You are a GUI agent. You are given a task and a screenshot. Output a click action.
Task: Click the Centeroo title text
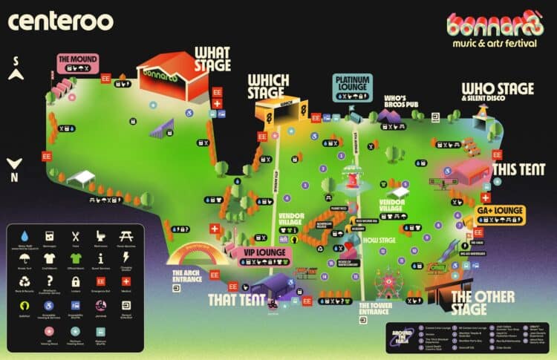(61, 20)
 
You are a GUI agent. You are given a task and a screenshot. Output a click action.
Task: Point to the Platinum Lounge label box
(351, 82)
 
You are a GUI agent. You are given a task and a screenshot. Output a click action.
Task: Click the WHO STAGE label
(498, 90)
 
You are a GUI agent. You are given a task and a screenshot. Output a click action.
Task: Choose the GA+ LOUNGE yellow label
(501, 211)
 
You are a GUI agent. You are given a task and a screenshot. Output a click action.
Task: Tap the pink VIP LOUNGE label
(264, 252)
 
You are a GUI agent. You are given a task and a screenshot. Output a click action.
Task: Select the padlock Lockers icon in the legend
(75, 282)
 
